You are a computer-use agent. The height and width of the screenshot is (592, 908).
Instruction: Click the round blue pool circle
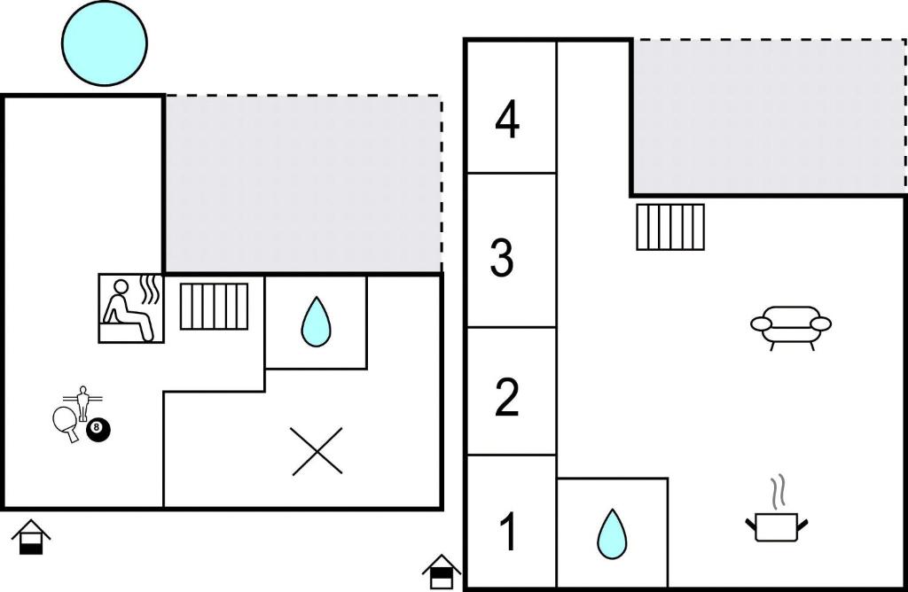pos(105,43)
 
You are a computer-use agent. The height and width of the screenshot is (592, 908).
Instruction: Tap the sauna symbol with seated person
pos(131,308)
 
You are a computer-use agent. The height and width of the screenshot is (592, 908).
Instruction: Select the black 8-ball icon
pos(98,431)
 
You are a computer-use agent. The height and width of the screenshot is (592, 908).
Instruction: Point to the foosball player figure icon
pos(82,402)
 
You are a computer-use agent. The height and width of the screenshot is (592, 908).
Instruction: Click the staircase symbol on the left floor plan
pos(215,306)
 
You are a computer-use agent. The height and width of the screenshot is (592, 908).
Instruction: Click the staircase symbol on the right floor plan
pos(670,227)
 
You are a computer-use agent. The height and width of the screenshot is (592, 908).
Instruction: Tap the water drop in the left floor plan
pos(316,322)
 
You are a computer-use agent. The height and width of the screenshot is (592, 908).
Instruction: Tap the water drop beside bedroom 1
pos(612,534)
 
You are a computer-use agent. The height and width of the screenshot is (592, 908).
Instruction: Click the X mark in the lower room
pos(317,451)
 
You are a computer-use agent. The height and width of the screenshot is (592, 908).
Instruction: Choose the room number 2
pos(506,397)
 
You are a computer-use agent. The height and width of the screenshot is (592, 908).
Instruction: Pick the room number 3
pos(502,258)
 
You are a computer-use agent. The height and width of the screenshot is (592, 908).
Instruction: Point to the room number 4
pos(507,121)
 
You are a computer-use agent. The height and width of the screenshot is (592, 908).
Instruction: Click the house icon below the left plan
pos(31,537)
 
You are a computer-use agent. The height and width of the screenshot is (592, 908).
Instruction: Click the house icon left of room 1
pos(442,571)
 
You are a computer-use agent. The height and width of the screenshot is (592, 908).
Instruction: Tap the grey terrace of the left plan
pos(303,183)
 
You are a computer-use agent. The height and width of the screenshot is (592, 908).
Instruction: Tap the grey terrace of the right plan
pos(769,117)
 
